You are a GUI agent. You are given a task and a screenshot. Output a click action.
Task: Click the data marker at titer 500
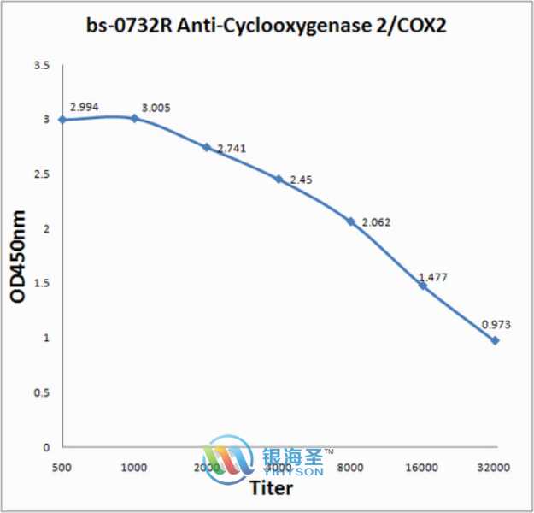coord(62,120)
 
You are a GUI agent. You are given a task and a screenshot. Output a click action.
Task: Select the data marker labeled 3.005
coord(134,118)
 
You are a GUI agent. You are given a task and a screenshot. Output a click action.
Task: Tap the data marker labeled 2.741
coord(206,147)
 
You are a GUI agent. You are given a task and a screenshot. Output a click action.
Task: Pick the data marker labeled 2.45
coord(279,179)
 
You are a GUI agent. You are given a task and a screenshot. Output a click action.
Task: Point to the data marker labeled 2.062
coord(350,221)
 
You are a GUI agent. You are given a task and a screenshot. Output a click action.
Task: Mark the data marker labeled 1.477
coord(422,286)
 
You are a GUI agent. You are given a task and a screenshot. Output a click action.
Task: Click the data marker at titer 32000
coord(494,340)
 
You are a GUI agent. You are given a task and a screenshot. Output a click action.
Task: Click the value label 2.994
coord(85,105)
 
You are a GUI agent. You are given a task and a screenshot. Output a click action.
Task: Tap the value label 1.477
coord(433,277)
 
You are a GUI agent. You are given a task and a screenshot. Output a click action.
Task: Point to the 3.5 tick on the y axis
coord(41,65)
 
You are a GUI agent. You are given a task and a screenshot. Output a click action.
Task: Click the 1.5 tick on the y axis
coord(41,283)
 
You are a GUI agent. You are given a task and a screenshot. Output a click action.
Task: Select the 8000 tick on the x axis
coord(350,468)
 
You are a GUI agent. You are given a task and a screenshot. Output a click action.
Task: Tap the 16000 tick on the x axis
coord(422,468)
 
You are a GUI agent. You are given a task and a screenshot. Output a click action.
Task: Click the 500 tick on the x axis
coord(62,468)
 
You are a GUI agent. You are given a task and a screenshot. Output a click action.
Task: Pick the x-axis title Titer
coord(272,489)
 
